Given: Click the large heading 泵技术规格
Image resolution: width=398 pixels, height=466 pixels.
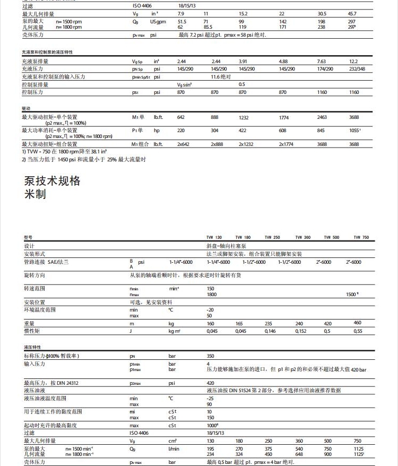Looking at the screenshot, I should click(52, 181).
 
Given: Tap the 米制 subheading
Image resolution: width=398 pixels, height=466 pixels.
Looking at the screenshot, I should click(35, 194).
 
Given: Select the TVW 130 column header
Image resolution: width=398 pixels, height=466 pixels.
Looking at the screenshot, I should click(214, 237).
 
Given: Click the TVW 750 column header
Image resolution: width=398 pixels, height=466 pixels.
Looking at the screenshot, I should click(361, 237).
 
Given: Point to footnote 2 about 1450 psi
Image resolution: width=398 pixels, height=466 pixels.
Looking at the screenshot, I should click(84, 159).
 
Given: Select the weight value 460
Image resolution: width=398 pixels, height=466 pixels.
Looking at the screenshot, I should click(357, 323).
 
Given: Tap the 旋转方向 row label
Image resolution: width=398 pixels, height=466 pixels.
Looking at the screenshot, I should click(34, 275).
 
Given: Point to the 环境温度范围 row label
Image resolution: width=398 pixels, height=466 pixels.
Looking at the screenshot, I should click(39, 309).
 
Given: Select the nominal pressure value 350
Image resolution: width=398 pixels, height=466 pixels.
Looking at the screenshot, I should click(211, 356).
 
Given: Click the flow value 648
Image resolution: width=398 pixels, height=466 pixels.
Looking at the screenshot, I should click(299, 454).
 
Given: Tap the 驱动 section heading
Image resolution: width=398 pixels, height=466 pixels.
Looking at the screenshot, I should click(26, 108).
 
